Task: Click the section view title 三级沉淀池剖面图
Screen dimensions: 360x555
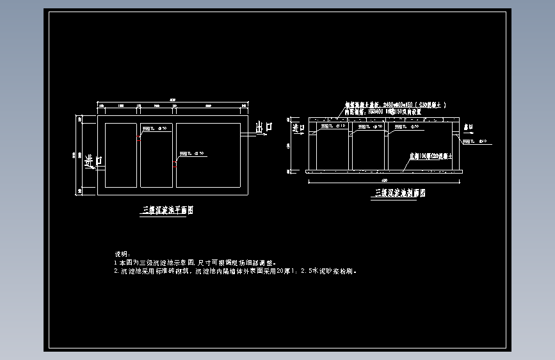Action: (400, 192)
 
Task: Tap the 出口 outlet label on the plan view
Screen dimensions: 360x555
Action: (264, 127)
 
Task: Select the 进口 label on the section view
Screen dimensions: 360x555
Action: (298, 126)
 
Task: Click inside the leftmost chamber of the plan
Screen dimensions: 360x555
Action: (120, 155)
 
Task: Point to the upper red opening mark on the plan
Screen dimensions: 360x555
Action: (138, 136)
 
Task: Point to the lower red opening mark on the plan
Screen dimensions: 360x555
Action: (174, 165)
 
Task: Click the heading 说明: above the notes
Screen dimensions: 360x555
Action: (122, 254)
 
